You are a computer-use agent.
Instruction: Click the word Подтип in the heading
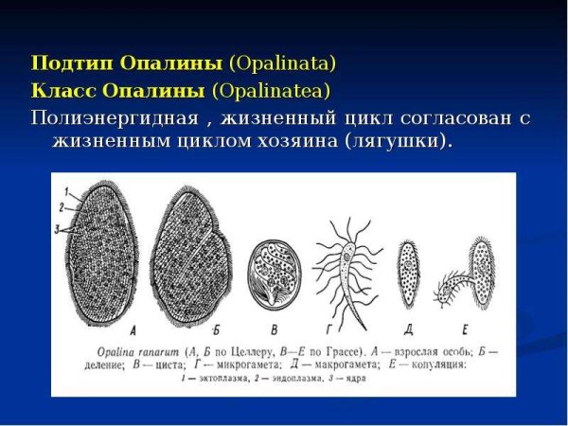tap(63, 64)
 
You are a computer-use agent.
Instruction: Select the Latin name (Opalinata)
tap(282, 64)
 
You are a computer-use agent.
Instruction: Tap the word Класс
tap(59, 92)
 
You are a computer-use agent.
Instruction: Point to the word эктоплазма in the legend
tap(231, 378)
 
